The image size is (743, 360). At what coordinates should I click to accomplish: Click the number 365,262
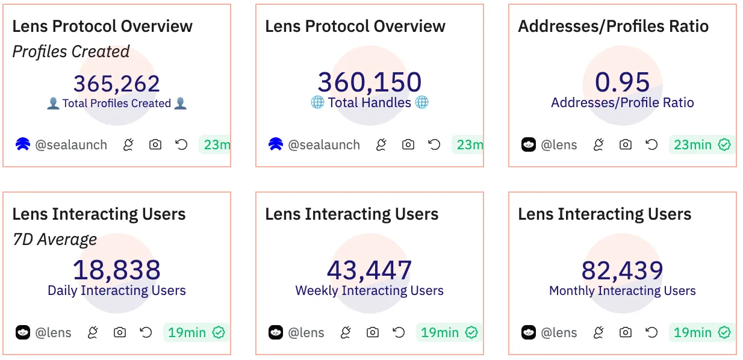coord(117,84)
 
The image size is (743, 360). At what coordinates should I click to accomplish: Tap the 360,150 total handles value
coord(370,82)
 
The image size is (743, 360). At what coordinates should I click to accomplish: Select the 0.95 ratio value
coord(623,82)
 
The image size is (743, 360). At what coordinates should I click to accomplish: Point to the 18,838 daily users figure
coord(117,270)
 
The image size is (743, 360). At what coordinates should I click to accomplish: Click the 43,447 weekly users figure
coord(370,270)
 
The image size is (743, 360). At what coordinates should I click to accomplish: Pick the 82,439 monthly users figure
coord(623,270)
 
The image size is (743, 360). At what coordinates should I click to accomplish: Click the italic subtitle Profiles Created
coord(71,52)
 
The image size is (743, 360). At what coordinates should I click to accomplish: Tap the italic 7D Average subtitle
coord(55,240)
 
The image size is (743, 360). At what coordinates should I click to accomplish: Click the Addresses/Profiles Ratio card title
coord(613,26)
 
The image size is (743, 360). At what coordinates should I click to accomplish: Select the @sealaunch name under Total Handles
coord(324,144)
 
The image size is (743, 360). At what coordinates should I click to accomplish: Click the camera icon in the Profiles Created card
coord(155,144)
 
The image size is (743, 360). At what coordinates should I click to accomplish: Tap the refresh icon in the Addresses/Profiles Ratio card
coord(651,144)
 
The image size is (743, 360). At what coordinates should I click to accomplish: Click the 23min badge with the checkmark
coord(701,144)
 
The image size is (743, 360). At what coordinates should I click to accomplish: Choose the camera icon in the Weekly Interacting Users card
coord(373,332)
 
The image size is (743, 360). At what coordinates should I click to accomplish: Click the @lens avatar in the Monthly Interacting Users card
coord(529,332)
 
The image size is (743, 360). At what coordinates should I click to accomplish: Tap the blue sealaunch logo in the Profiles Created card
coord(23,144)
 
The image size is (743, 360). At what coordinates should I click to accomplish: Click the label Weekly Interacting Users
coord(370,291)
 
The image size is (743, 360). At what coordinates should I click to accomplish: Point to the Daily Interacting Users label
coord(117,291)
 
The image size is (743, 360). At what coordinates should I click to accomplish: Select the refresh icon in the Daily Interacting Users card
coord(146,332)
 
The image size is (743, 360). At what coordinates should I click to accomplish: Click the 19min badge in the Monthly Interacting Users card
coord(701,332)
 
